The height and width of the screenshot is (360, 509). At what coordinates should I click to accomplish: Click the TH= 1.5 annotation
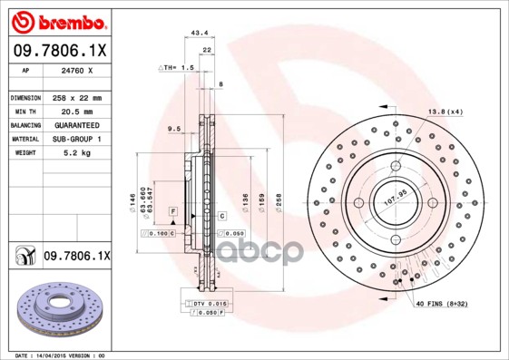[178, 67]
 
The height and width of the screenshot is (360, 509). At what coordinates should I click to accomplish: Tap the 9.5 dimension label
[174, 129]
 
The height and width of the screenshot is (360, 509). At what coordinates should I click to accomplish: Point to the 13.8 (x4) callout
[445, 112]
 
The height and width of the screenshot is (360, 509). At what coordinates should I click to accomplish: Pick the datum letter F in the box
[172, 210]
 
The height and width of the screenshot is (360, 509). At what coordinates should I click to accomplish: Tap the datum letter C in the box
[220, 216]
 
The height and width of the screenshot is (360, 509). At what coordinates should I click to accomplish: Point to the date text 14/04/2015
[56, 355]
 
